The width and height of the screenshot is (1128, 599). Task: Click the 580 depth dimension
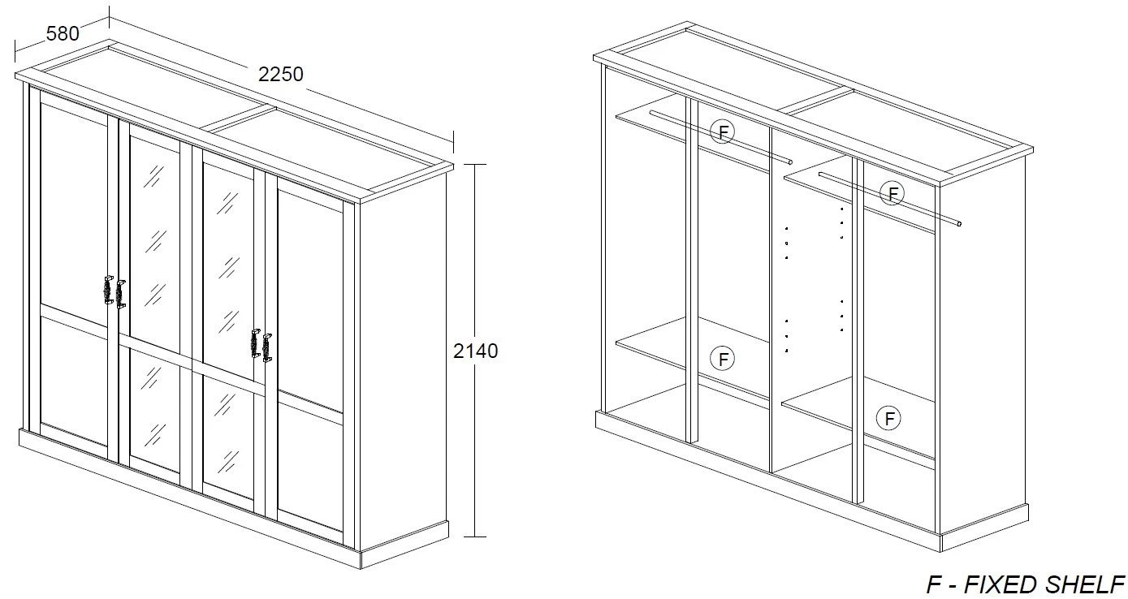coord(63,34)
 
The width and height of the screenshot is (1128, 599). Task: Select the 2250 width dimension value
coord(280,75)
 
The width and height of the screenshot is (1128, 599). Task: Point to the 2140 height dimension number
coord(475,351)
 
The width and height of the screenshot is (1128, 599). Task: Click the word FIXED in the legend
coord(1001,584)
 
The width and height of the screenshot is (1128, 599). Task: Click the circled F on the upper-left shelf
coord(722,131)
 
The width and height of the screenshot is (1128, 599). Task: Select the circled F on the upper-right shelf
coord(892,193)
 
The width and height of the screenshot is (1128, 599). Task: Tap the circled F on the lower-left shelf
coord(722,359)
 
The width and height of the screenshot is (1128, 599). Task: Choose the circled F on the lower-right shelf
coord(888,418)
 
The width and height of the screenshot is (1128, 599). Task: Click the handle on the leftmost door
coord(108,290)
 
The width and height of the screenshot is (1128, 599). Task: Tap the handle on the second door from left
coord(120,295)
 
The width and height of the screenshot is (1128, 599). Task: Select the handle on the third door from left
coord(255,343)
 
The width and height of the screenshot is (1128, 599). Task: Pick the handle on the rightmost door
coord(267,347)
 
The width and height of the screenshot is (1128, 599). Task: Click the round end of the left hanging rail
coord(790,162)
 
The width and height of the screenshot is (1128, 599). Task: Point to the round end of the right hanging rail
coord(959,223)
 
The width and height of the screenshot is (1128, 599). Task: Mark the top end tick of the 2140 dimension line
coord(475,164)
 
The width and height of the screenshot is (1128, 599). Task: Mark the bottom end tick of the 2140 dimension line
coord(475,537)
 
